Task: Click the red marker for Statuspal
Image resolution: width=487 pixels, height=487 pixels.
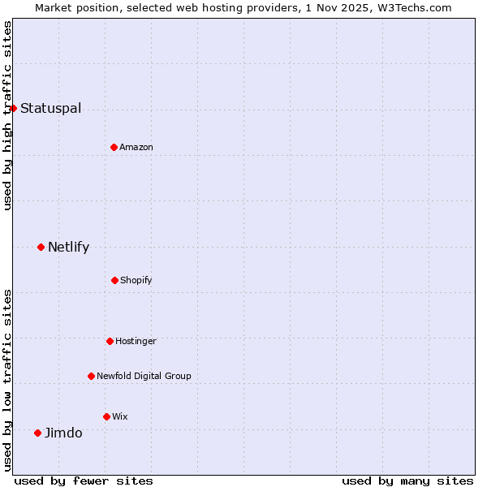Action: click(13, 108)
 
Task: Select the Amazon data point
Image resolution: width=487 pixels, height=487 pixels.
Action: click(114, 147)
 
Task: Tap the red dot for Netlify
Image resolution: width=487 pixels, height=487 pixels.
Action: click(41, 247)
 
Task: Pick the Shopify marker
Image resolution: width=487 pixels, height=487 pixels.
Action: click(114, 280)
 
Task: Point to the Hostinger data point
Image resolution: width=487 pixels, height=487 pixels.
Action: click(110, 341)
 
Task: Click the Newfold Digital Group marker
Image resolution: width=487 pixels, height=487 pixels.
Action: click(91, 376)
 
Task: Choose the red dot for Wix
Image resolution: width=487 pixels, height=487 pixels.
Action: click(106, 416)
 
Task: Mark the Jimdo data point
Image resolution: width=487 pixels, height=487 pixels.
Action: click(37, 433)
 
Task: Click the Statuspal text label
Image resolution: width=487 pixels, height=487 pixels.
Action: click(50, 108)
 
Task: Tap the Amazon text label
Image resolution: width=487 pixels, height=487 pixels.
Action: click(136, 147)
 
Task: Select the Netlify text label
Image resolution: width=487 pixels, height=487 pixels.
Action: click(68, 247)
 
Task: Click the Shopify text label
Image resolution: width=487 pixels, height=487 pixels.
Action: click(136, 280)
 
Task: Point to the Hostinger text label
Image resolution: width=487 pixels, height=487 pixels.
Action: click(136, 341)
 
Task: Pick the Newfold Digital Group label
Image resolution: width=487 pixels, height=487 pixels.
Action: click(144, 376)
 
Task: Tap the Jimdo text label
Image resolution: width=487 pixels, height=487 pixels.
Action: click(63, 433)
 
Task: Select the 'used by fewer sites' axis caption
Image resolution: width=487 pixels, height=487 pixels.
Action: click(84, 481)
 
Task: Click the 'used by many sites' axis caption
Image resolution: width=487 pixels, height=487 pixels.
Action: click(407, 481)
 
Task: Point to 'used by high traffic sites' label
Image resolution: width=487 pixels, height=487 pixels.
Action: click(7, 115)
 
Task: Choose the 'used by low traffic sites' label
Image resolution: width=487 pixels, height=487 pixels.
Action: click(7, 379)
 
